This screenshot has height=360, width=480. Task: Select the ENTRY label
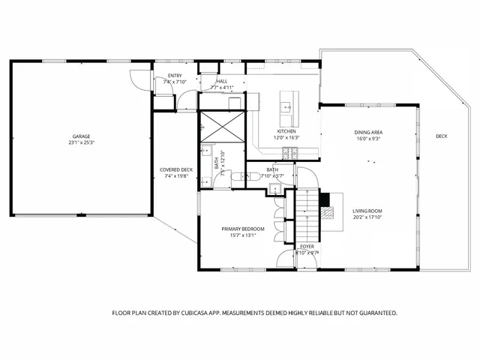pos(174,75)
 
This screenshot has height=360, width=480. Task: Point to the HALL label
pos(222,81)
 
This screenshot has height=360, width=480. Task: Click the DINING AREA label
pos(368,132)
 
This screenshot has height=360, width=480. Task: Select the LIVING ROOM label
pos(367,211)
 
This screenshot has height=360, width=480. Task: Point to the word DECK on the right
pos(442,136)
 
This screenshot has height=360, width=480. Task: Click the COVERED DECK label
pos(177,169)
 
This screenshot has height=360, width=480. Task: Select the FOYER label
pos(307,246)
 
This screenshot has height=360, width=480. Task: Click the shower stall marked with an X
pos(223,126)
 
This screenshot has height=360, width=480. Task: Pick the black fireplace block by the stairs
pos(324,199)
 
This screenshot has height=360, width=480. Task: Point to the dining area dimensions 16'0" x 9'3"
pos(368,139)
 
